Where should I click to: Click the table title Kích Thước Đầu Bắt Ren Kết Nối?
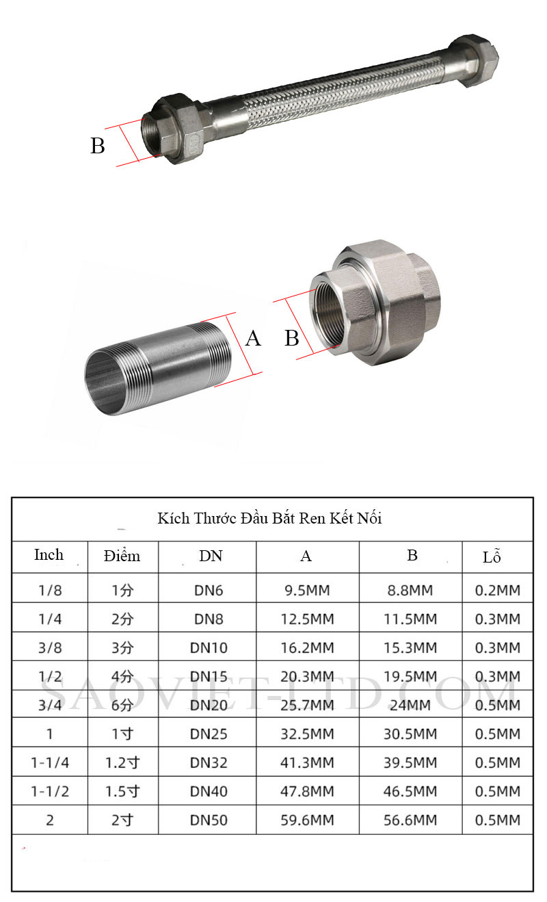(x=269, y=519)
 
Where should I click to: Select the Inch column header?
(x=49, y=555)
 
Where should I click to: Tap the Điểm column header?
(x=122, y=556)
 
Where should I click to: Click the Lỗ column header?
(x=492, y=556)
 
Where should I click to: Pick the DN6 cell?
(x=209, y=591)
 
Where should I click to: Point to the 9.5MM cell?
(x=307, y=591)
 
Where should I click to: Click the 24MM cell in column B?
(x=410, y=706)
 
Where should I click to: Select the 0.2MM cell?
(x=498, y=591)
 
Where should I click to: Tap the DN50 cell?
(x=209, y=821)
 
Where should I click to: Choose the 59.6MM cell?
(x=307, y=821)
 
